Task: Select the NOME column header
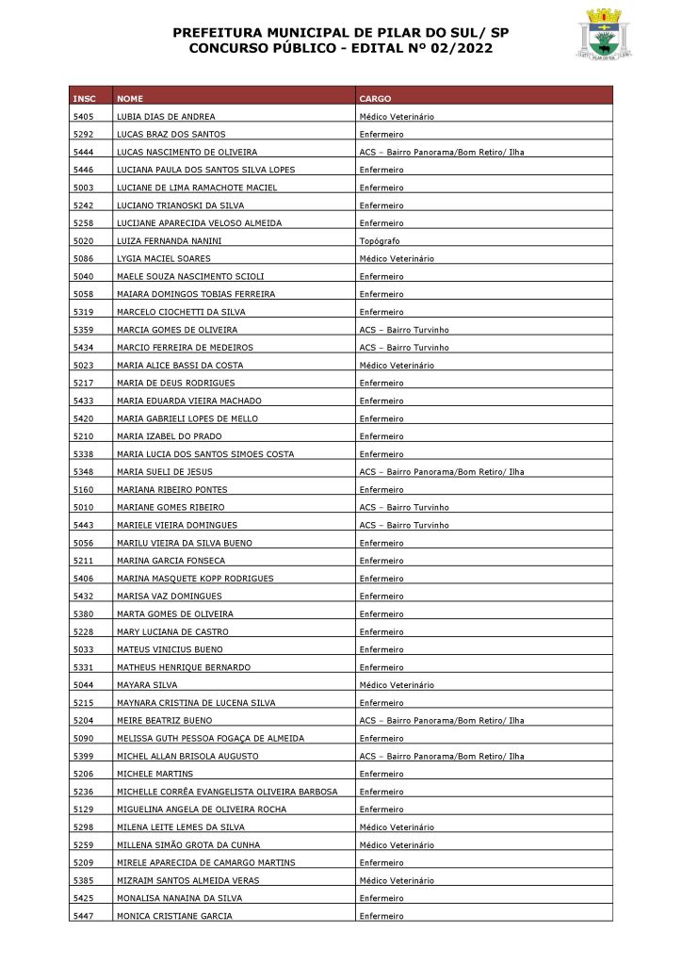(130, 99)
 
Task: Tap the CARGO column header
(375, 99)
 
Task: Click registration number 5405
(83, 117)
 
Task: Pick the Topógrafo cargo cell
(381, 241)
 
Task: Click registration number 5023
(83, 366)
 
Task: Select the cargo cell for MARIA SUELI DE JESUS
(441, 472)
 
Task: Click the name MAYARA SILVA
(147, 685)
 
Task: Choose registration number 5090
(83, 739)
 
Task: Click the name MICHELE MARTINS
(154, 774)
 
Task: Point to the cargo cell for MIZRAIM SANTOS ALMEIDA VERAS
(397, 880)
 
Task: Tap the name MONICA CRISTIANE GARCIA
(174, 916)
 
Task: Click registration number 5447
(83, 916)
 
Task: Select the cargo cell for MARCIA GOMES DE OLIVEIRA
(404, 330)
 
